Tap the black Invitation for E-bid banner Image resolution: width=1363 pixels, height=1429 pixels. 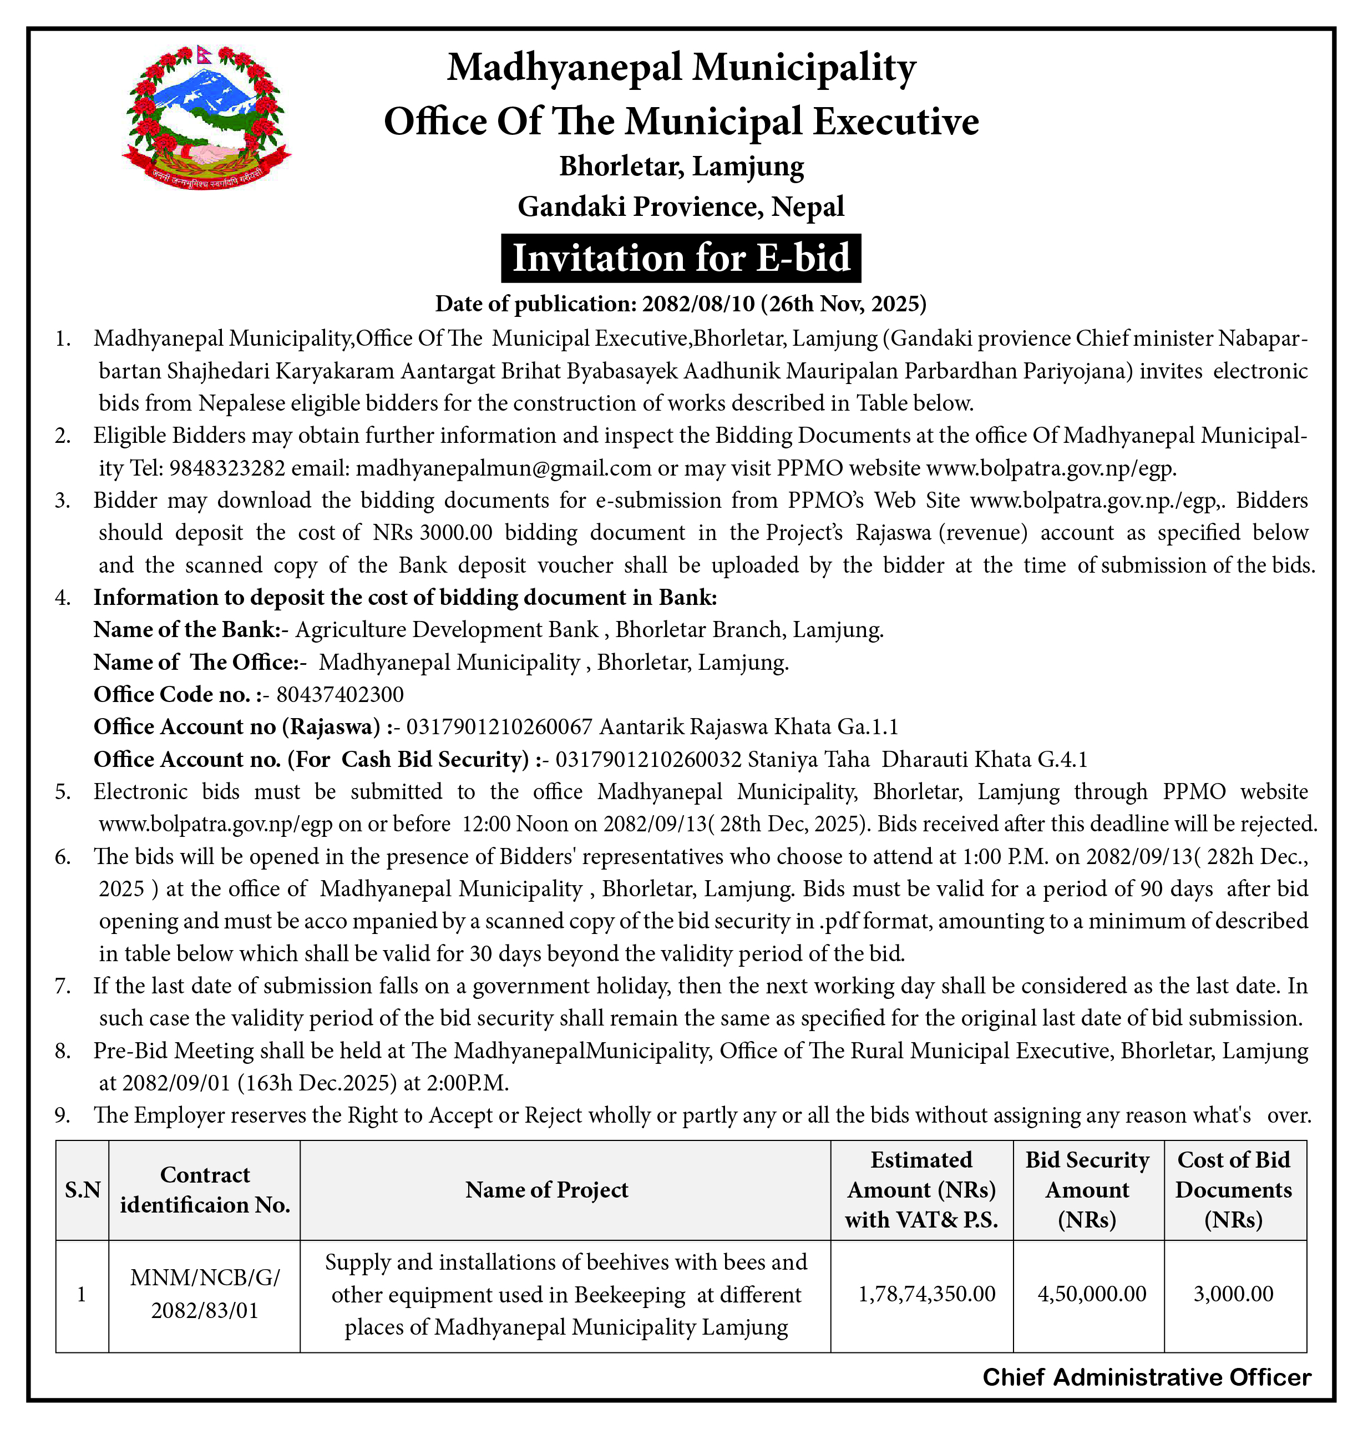[681, 258]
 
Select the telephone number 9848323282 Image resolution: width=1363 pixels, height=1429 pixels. [227, 468]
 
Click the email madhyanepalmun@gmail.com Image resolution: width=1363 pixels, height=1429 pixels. [504, 468]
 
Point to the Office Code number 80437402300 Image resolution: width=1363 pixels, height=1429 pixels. [340, 695]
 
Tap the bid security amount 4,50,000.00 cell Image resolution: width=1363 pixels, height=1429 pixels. [1092, 1294]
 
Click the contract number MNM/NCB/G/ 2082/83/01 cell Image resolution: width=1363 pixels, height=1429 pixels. [205, 1294]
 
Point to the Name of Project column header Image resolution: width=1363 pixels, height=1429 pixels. [546, 1190]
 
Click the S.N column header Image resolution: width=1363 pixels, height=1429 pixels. [82, 1190]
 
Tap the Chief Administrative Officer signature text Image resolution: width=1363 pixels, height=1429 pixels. [1147, 1377]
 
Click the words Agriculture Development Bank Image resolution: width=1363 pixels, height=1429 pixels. [447, 629]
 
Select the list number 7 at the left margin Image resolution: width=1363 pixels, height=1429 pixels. [63, 986]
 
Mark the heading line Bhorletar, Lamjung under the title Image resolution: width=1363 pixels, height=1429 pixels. [681, 166]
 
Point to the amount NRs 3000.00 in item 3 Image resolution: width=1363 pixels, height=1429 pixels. [433, 533]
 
